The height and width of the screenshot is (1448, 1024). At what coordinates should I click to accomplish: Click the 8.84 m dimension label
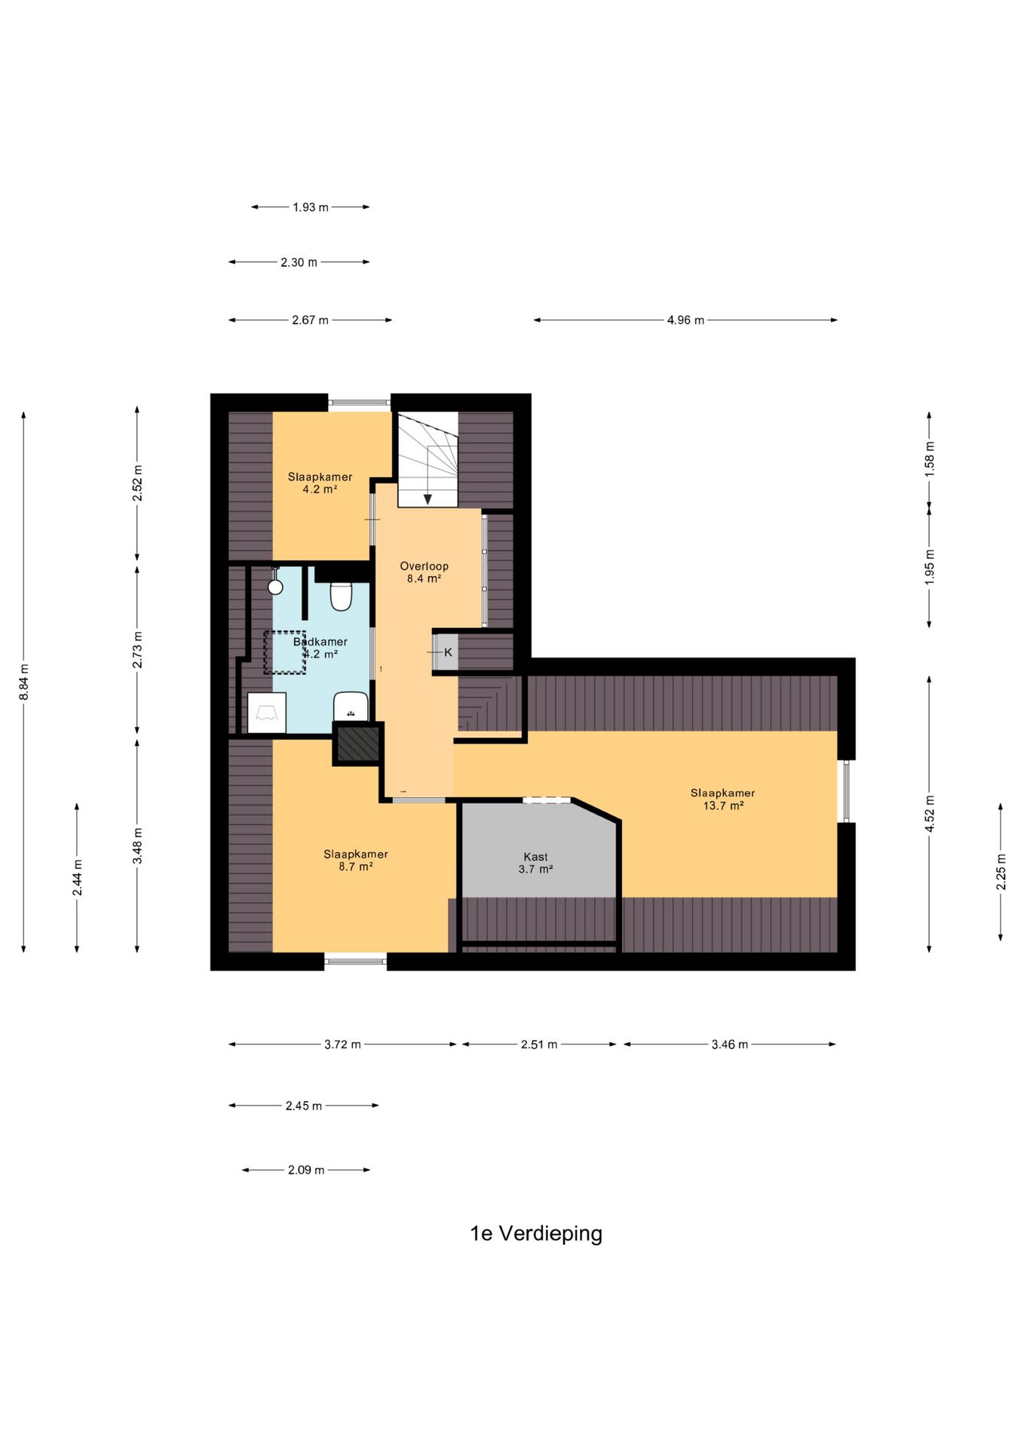point(24,682)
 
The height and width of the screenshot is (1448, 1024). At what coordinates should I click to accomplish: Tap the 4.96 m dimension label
point(685,321)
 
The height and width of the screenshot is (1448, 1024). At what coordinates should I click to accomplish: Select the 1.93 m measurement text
point(311,207)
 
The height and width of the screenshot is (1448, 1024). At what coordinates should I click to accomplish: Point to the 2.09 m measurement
point(306,1170)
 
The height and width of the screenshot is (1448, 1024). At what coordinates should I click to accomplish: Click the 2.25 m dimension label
point(1001,872)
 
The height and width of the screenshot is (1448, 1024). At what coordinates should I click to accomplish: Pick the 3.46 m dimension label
point(730,1045)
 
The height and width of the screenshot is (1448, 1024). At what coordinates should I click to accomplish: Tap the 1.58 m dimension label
point(930,459)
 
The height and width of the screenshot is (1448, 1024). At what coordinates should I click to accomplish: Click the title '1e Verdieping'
point(536,1234)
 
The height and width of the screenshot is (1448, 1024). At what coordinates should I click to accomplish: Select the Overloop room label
point(424,572)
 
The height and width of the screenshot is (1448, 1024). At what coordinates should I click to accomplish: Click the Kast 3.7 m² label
point(535,863)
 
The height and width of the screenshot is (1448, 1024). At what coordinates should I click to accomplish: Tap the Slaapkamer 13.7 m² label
point(722,799)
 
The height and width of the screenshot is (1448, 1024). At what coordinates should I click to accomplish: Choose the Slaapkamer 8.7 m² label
point(356,861)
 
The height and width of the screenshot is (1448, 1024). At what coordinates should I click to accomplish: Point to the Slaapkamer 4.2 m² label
point(320,483)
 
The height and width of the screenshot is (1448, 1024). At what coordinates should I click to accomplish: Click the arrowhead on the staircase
point(428,499)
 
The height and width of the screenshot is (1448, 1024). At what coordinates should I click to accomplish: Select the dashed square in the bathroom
point(284,652)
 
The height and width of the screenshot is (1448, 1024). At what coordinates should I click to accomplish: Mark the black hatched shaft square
point(358,744)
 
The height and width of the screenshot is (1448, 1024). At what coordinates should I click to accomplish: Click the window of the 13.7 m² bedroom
point(846,791)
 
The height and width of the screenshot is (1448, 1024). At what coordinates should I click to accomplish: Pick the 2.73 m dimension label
point(138,649)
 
